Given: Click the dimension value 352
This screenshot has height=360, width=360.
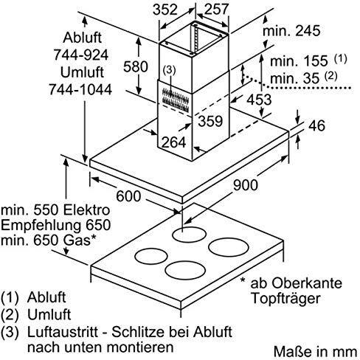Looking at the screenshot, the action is pos(165,10).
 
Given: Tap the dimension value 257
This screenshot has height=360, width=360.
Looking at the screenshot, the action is pos(217,10).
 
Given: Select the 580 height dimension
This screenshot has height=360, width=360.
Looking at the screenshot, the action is pos(136,66).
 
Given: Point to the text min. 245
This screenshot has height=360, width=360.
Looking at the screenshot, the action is pos(291,31).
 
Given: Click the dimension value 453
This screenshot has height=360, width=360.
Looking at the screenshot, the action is pos(259,100).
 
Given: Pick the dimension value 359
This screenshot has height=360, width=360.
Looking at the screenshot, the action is pos(210,121).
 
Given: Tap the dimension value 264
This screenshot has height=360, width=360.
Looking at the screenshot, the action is pos(173,142).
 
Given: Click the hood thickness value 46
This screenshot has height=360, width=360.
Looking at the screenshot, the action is pos(316,125).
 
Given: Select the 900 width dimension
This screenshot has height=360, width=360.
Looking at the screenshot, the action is pos(246,185).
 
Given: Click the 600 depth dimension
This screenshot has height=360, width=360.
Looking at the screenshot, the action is pos(128,196).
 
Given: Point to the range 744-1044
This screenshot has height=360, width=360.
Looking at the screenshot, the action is pos(80,89).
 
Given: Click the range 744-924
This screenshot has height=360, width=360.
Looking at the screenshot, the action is pos(81,55).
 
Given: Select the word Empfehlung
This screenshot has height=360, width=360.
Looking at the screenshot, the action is pos(41,226).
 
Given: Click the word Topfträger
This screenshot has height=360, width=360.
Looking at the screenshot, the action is pos(285,299).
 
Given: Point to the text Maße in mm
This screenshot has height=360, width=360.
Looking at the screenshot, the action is pos(316,352).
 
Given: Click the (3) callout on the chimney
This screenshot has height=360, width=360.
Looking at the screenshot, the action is pos(169,70).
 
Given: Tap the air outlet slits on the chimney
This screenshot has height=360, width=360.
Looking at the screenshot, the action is pos(176,100).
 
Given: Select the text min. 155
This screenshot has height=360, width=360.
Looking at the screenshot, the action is pos(299,61).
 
